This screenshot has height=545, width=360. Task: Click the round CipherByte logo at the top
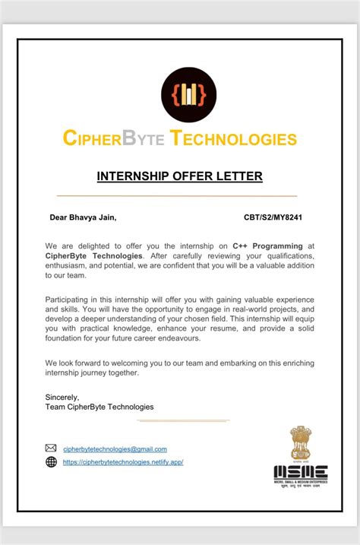click(188, 95)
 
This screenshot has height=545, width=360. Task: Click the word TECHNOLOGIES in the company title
click(233, 139)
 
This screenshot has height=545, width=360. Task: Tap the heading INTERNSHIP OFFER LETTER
click(180, 176)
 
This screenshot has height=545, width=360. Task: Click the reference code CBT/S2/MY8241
click(274, 218)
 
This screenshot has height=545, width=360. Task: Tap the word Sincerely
click(62, 397)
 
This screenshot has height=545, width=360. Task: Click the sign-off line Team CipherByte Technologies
click(99, 407)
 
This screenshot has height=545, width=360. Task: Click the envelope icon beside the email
click(52, 448)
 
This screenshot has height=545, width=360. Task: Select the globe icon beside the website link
click(52, 461)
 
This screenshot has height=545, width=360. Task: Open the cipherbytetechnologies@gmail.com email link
click(115, 449)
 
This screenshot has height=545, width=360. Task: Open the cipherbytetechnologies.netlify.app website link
click(123, 462)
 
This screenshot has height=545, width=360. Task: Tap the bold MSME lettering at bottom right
click(301, 471)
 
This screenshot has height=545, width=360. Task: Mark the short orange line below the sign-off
click(183, 420)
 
